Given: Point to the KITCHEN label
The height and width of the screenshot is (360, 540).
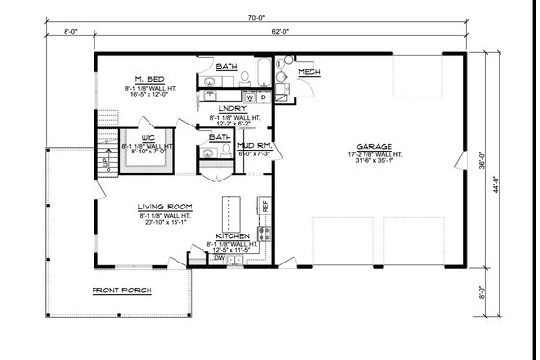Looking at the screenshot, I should (232, 236).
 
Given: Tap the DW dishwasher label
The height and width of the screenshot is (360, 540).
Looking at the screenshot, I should (221, 259).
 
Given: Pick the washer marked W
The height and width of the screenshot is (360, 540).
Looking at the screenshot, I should (250, 97).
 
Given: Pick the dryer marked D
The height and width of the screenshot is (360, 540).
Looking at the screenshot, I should (264, 97).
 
